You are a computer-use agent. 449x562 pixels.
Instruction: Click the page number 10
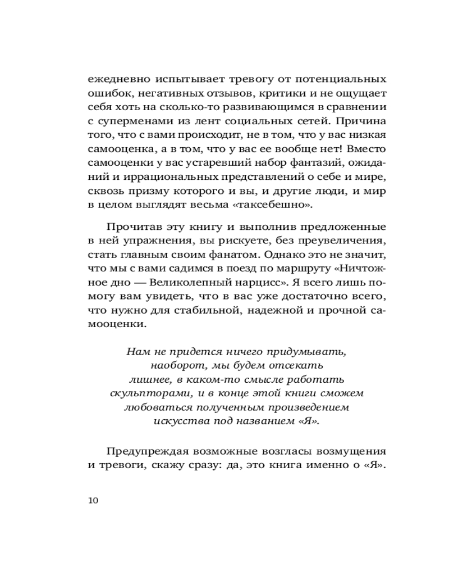(x=93, y=500)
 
